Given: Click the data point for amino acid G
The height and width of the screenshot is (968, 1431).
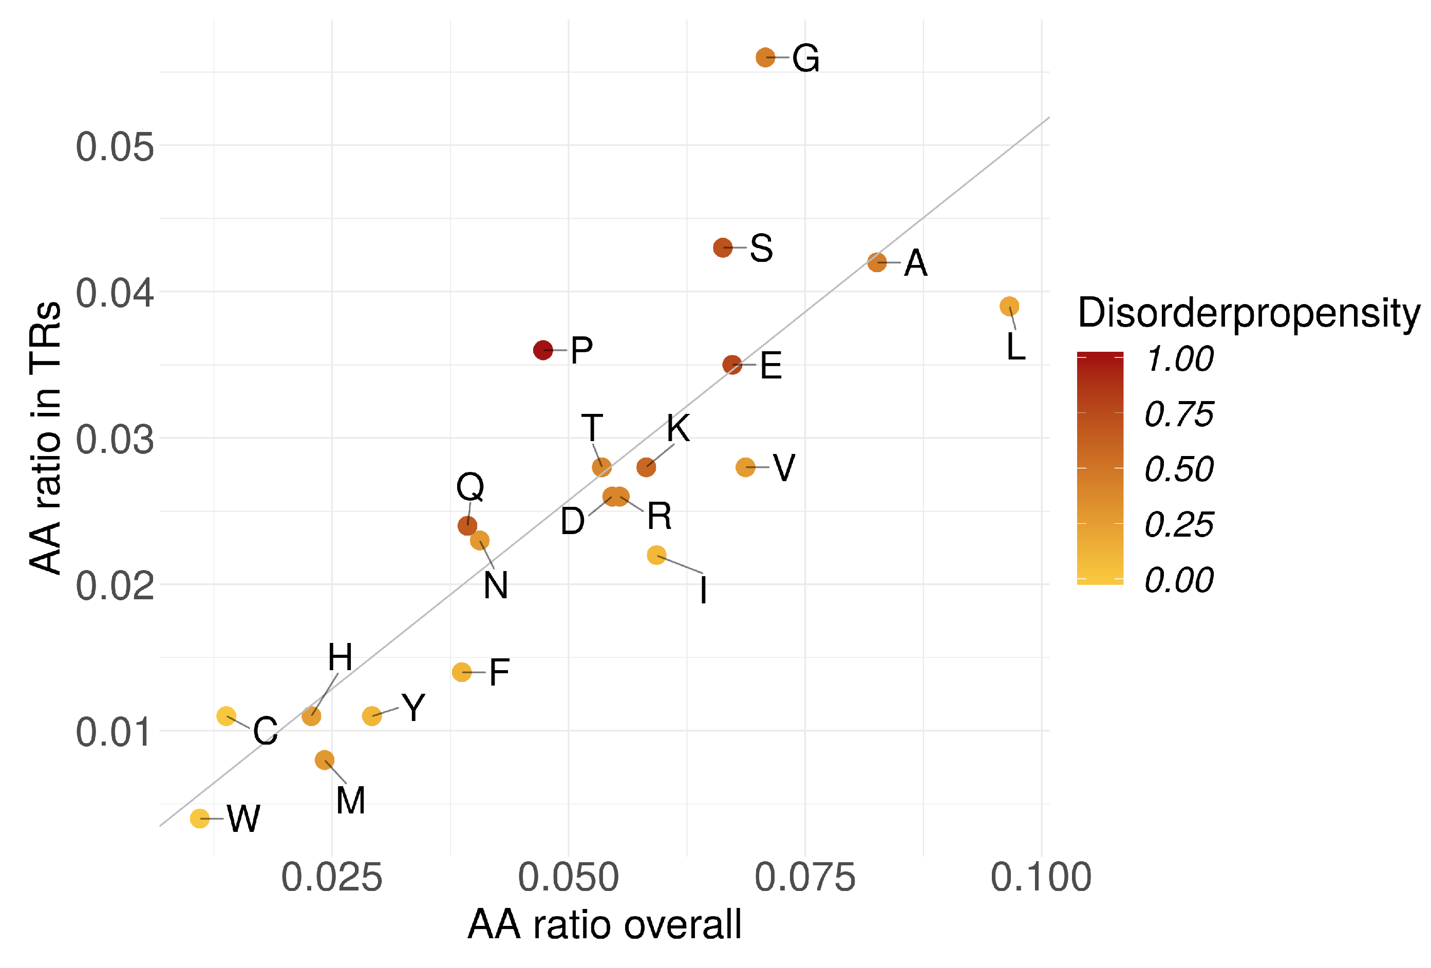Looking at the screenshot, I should (765, 58).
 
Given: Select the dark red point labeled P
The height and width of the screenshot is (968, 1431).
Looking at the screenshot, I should (542, 350).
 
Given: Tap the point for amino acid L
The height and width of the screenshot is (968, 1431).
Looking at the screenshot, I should (1009, 306).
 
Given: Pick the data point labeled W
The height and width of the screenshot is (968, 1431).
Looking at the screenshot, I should (199, 819).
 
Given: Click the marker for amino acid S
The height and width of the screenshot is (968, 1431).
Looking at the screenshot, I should (722, 248).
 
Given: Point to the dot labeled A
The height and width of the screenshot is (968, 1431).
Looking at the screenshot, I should (877, 262).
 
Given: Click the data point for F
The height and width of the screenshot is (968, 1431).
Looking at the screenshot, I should (461, 672).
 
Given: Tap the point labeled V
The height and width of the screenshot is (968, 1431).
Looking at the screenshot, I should (745, 467).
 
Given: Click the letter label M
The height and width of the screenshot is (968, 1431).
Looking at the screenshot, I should (350, 800).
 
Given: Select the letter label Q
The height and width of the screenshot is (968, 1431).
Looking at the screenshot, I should (470, 486).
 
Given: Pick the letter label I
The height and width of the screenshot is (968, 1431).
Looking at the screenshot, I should (703, 590).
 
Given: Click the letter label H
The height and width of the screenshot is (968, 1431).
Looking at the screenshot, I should (340, 657).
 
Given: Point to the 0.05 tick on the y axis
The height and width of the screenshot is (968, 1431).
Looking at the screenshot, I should (115, 147).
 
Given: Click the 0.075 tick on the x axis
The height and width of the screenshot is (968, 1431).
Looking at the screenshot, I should (805, 878).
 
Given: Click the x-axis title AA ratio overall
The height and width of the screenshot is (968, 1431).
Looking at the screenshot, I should (604, 925).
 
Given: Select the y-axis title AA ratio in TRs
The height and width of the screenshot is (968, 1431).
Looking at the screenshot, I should (46, 437).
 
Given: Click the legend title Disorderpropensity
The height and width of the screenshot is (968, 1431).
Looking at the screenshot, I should (1248, 313).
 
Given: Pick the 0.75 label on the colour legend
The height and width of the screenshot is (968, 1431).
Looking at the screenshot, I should (1178, 414).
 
